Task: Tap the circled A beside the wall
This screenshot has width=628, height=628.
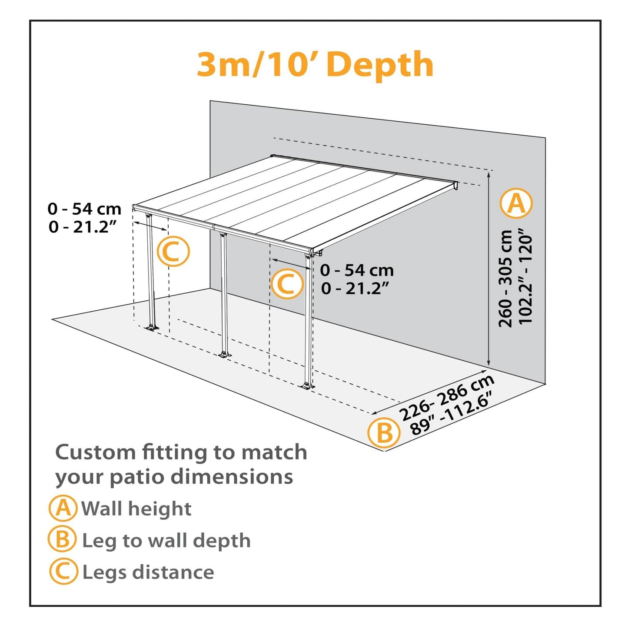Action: pyautogui.click(x=516, y=203)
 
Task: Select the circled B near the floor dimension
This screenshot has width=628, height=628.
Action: pyautogui.click(x=383, y=432)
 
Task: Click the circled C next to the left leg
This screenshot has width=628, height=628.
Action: pyautogui.click(x=173, y=252)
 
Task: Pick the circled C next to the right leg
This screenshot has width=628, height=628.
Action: pyautogui.click(x=286, y=284)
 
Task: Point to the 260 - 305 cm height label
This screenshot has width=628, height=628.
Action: pyautogui.click(x=505, y=279)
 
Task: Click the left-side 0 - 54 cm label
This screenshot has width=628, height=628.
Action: pyautogui.click(x=84, y=209)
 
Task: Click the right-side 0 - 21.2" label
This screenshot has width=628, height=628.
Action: pyautogui.click(x=355, y=288)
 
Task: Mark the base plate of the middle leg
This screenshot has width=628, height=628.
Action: pyautogui.click(x=224, y=355)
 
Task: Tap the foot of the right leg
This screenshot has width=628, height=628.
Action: pyautogui.click(x=308, y=386)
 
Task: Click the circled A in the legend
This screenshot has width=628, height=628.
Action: pyautogui.click(x=63, y=508)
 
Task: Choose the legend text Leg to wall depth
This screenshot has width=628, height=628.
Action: pyautogui.click(x=166, y=541)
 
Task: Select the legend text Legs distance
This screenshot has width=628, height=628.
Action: pyautogui.click(x=148, y=572)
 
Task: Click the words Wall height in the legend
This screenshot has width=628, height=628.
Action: pyautogui.click(x=136, y=508)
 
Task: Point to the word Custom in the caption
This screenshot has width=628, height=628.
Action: pyautogui.click(x=96, y=452)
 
